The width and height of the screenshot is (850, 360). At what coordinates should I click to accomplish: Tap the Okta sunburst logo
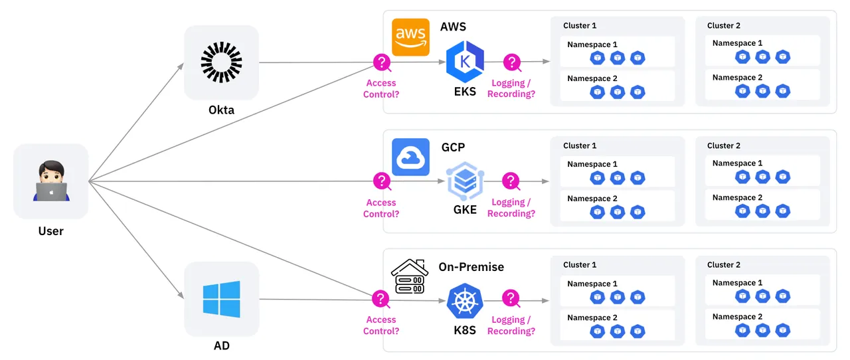point(221,63)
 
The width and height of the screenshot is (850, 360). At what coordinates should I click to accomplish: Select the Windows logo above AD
point(221,299)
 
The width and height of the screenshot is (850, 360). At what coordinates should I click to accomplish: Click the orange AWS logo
point(410,37)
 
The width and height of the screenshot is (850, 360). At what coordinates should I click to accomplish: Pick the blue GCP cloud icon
point(410,157)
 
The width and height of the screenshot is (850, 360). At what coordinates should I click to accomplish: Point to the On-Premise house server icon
point(409,276)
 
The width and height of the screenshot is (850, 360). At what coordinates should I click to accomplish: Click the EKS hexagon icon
point(465,62)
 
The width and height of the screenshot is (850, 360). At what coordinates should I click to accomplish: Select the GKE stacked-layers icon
point(465,181)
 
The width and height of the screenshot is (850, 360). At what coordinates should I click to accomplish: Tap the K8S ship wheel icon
point(465,300)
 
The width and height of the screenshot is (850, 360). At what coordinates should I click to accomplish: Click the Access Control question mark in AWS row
point(381,63)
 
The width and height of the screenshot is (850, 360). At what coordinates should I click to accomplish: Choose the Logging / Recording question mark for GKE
point(511,181)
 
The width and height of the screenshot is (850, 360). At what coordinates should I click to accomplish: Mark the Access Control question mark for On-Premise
point(381,299)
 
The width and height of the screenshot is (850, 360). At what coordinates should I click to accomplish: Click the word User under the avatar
point(50,231)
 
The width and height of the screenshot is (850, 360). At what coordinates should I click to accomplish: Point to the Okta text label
point(221,110)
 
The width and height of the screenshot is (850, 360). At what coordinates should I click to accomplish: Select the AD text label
point(221,346)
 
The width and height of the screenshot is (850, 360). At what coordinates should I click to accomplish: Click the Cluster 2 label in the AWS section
point(724,25)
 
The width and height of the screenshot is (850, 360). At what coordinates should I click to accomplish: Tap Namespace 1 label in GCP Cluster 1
point(592,164)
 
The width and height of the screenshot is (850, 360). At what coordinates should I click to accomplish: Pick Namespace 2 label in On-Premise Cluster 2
point(737,317)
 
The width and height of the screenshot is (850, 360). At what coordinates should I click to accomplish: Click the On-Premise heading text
point(471,267)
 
